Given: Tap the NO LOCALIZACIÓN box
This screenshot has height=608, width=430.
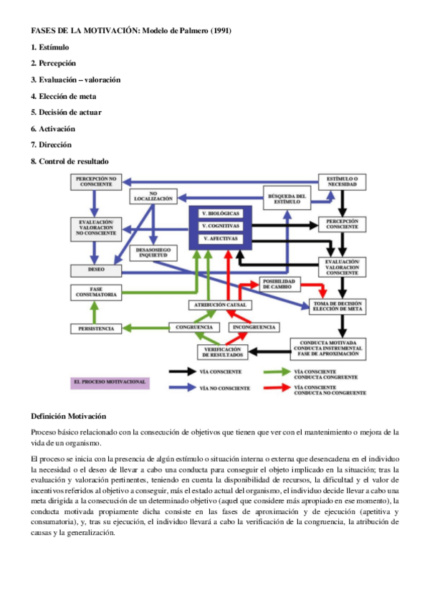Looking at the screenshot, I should (x=153, y=196).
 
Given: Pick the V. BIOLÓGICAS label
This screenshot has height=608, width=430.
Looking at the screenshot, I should (x=221, y=214).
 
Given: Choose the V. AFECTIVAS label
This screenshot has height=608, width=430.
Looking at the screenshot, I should (x=221, y=238).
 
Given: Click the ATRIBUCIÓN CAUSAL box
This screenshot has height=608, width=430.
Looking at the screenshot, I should (x=221, y=305).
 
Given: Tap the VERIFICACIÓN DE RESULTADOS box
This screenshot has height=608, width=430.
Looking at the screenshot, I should (x=222, y=352).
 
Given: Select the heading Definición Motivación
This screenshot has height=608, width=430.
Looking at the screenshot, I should (x=69, y=417).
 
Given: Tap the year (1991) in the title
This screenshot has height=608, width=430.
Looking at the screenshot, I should (x=216, y=30).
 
